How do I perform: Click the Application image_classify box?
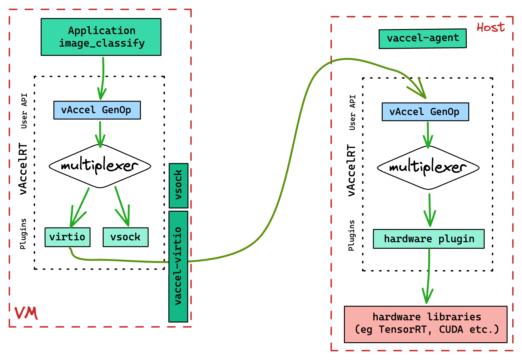click(x=101, y=37)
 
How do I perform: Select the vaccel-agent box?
click(x=422, y=38)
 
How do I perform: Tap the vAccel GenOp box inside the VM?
click(x=97, y=110)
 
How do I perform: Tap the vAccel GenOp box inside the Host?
click(x=425, y=112)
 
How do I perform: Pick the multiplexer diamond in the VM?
click(x=100, y=166)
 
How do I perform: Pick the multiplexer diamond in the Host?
click(x=428, y=167)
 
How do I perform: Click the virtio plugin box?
click(x=67, y=237)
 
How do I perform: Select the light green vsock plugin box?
click(x=126, y=237)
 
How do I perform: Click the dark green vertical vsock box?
click(x=178, y=185)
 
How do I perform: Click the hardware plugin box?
click(x=429, y=239)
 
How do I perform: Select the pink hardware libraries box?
click(x=425, y=324)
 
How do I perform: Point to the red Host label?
click(x=490, y=28)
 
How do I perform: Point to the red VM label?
click(x=26, y=313)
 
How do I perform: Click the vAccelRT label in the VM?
click(x=23, y=169)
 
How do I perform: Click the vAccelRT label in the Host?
click(x=351, y=170)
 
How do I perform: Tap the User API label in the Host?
click(x=352, y=112)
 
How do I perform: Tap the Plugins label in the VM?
click(x=23, y=234)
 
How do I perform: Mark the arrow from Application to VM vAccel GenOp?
click(x=102, y=78)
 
